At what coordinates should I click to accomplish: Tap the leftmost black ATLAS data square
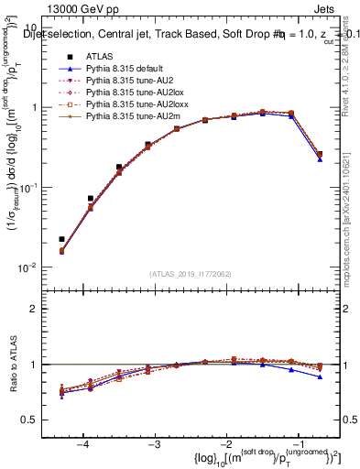pos(61,239)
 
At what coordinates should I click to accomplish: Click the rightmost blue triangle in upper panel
pos(319,159)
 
